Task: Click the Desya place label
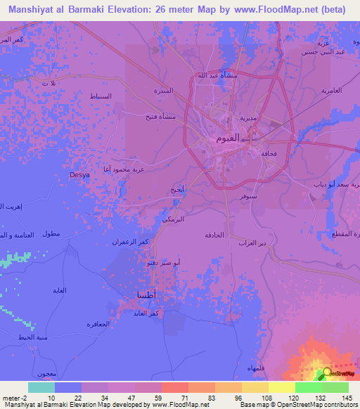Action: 79,174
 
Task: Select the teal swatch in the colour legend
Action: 41,387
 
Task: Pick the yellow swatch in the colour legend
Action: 281,387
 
